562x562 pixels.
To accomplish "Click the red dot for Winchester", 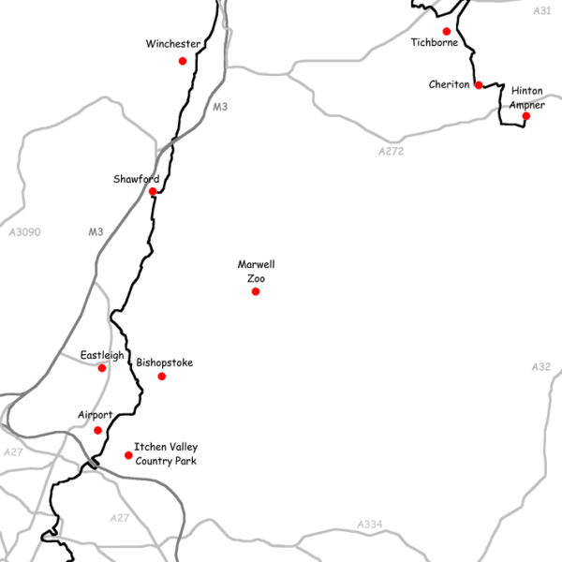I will [183, 61].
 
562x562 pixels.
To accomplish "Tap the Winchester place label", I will [172, 44].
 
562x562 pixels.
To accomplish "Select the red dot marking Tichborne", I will [447, 31].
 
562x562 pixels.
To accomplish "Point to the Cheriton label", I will [449, 84].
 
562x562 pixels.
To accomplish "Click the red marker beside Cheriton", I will [479, 85].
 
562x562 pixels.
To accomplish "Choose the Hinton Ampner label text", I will [527, 97].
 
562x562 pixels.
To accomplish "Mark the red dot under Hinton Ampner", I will [526, 116].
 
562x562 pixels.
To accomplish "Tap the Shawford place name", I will [136, 179].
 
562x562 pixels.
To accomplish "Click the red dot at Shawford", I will [153, 192].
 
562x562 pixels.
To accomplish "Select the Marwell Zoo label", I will [256, 272].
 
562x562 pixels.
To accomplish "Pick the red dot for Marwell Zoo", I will [256, 291].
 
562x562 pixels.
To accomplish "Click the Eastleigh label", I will [101, 355].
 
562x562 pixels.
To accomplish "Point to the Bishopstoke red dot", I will [162, 377].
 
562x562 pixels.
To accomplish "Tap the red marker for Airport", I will [98, 431].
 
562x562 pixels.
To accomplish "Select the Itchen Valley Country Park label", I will [166, 454].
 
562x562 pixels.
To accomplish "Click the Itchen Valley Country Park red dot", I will [129, 455].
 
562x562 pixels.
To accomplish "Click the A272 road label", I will [391, 151].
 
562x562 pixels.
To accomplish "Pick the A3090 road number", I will [23, 231].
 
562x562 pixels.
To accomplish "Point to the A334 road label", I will [370, 525].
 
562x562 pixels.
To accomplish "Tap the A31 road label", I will [541, 10].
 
